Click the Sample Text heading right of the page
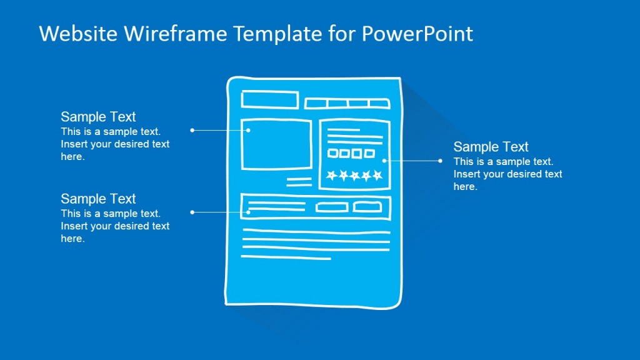(x=491, y=147)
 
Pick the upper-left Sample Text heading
(x=98, y=117)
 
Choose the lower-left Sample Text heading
(x=98, y=199)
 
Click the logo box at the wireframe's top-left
(x=270, y=100)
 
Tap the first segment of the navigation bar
(x=316, y=104)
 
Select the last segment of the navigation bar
(x=379, y=104)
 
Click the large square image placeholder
(x=276, y=144)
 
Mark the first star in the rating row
(x=331, y=176)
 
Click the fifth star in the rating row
(x=377, y=176)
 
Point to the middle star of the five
(x=354, y=176)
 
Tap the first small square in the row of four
(x=333, y=153)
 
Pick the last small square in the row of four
(x=369, y=153)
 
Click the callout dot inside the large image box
(x=249, y=130)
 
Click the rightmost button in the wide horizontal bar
(x=367, y=207)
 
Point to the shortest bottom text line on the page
(x=286, y=257)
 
